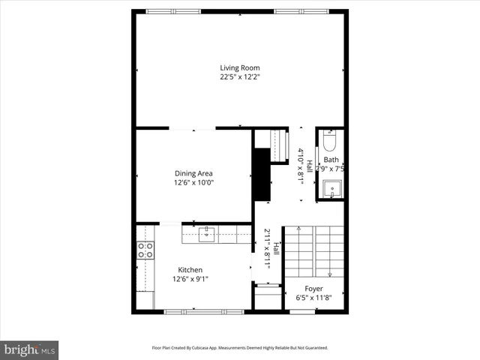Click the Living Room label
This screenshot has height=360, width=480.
click(240, 67)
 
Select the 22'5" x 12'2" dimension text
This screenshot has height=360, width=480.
click(240, 76)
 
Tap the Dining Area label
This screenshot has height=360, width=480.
click(194, 173)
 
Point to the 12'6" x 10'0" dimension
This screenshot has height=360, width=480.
click(194, 182)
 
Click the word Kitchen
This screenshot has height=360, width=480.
click(190, 270)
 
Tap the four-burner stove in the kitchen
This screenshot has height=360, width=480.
click(145, 250)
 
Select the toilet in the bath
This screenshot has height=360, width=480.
click(331, 142)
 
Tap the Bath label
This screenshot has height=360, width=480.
click(331, 160)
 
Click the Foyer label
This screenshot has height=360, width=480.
click(313, 289)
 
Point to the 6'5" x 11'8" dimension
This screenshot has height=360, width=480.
click(313, 298)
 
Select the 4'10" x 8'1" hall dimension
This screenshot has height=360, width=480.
click(301, 166)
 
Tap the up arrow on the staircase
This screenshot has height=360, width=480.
click(298, 229)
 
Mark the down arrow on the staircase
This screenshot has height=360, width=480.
click(329, 274)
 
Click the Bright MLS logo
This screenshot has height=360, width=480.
click(29, 349)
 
